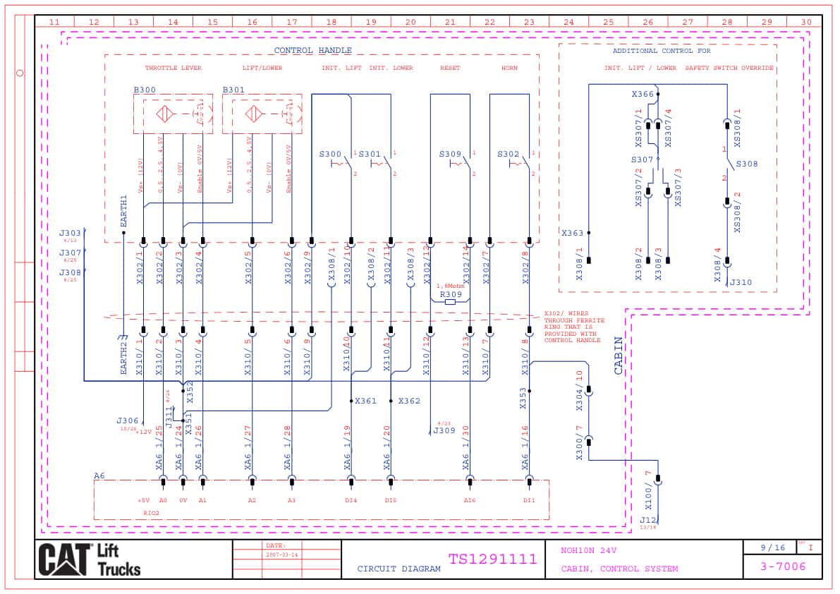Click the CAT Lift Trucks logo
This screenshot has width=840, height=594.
point(90,560)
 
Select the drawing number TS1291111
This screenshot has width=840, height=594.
point(492,559)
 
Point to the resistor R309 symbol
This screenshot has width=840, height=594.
point(450,301)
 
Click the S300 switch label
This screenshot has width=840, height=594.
point(330,154)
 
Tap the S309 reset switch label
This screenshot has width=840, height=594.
point(450,154)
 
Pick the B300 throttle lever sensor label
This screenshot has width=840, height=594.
point(145,90)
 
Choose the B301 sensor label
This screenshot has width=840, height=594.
point(233,90)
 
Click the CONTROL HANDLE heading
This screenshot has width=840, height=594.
point(312,51)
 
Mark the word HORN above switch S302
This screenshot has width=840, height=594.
point(509,68)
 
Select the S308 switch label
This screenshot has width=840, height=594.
point(747,164)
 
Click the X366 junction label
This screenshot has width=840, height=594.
point(643,94)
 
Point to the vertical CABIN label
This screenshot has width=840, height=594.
point(619,355)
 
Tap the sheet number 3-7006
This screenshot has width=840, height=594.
point(782,566)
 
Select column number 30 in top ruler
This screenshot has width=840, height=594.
point(806,22)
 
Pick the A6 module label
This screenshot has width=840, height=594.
point(99,476)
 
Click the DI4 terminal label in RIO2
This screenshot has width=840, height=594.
point(351,500)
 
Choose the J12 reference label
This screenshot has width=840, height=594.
point(647,520)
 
